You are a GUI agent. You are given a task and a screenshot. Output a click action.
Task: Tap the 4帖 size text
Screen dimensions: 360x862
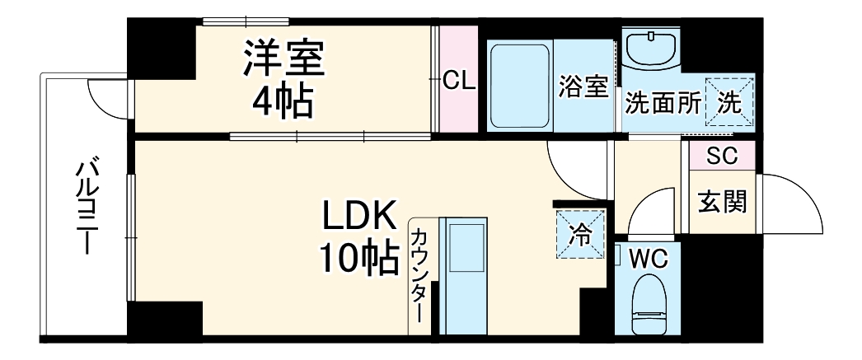click(x=283, y=101)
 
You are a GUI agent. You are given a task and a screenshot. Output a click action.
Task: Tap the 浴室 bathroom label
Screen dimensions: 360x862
click(x=583, y=86)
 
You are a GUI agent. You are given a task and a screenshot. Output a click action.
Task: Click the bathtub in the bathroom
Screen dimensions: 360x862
click(x=519, y=85)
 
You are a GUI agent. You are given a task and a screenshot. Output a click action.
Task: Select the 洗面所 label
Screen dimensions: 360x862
click(x=662, y=103)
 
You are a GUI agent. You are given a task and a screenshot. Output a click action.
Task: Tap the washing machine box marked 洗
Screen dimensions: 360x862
click(x=729, y=101)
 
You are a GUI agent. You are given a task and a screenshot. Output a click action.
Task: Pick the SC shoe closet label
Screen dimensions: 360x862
click(x=721, y=157)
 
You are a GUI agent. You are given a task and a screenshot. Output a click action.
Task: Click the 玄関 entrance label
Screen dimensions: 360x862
click(x=722, y=201)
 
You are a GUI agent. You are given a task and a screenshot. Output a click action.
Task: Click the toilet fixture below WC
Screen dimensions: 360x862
click(x=651, y=307)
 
